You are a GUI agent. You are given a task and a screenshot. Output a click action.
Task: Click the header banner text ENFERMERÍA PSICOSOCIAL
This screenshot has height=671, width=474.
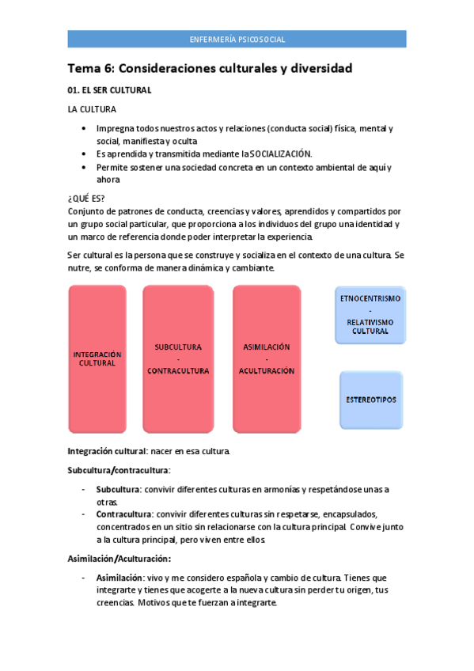(x=237, y=39)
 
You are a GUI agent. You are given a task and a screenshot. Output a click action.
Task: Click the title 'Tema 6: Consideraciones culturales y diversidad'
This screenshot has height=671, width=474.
(x=210, y=69)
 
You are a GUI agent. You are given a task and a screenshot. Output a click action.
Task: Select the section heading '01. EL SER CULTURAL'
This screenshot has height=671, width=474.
(x=109, y=90)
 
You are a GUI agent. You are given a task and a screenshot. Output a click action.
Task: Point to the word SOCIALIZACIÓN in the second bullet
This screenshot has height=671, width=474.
(x=281, y=154)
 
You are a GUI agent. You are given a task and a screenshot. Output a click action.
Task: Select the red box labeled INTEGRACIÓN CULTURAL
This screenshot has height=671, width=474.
(x=97, y=359)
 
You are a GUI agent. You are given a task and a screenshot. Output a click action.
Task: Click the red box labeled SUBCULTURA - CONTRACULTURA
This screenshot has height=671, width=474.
(x=177, y=359)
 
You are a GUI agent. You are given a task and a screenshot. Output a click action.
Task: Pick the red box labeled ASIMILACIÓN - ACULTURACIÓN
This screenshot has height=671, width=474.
(x=267, y=359)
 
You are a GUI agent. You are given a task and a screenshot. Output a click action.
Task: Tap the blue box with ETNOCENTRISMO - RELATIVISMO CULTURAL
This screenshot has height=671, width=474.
(x=370, y=315)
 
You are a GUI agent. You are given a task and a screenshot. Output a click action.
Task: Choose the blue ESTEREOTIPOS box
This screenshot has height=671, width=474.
(x=370, y=400)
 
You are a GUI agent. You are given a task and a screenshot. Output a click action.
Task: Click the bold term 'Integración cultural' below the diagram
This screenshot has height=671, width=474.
(x=106, y=451)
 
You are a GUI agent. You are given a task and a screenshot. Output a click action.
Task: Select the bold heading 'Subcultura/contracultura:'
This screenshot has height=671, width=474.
(x=119, y=470)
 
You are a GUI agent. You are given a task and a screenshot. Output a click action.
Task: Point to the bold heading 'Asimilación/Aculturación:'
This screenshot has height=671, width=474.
(x=119, y=559)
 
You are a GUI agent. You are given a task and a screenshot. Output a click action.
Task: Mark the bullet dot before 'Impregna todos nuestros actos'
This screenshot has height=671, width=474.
(x=85, y=128)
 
